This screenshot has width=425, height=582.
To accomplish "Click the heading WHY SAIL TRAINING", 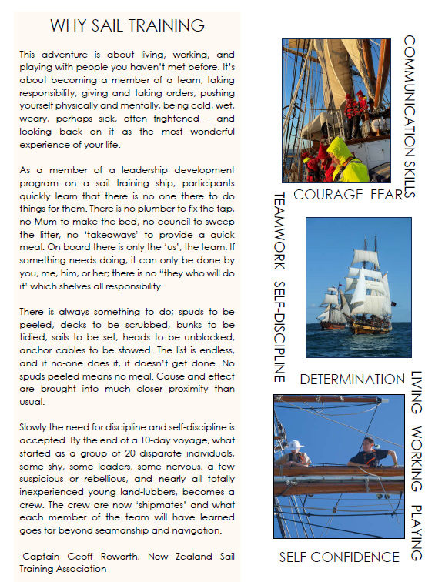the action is [127, 25].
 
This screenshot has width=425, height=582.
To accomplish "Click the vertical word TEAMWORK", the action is [280, 231].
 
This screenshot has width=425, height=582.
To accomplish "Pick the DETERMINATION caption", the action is [352, 380].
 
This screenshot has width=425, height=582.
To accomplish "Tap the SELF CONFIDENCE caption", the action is [339, 557].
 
